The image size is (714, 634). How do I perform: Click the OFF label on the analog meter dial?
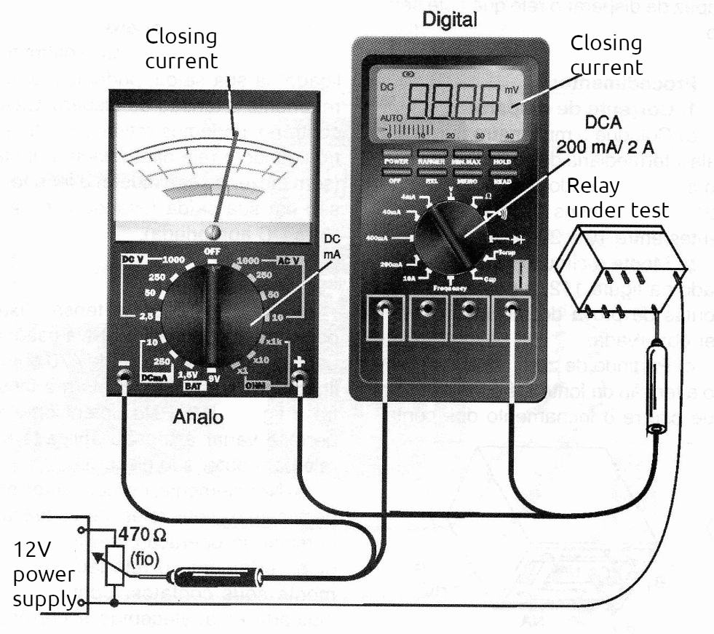[213, 251]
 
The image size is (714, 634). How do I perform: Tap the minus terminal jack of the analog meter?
[124, 376]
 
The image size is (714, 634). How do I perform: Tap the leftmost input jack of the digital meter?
[384, 309]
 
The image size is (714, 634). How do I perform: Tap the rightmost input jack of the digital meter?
[512, 309]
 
